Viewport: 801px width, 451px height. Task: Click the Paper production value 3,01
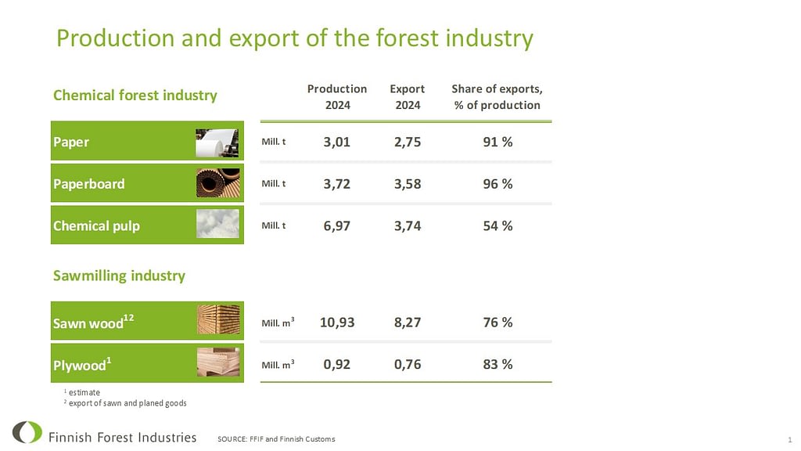coord(336,142)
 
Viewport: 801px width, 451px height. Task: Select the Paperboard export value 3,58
coord(407,183)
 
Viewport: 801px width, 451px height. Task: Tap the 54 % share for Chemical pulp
coord(497,225)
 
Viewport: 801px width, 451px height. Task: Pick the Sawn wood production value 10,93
coord(336,322)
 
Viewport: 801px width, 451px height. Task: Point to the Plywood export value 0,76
coord(407,364)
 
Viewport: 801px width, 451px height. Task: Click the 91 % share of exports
coord(497,142)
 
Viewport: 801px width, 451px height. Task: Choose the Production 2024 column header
coord(337,96)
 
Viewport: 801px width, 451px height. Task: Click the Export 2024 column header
coord(407,96)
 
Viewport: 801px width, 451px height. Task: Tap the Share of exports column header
coord(497,96)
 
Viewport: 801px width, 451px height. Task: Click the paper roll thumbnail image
coord(217,143)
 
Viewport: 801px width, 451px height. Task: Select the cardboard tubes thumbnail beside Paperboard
coord(217,183)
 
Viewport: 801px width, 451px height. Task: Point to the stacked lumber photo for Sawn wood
coord(218,319)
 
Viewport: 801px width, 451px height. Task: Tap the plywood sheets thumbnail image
coord(218,362)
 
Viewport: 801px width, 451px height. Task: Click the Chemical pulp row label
coord(96,225)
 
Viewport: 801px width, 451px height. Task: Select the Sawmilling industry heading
coord(119,276)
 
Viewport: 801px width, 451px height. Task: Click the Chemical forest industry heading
coord(135,95)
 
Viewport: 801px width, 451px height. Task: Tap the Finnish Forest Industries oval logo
coord(27,432)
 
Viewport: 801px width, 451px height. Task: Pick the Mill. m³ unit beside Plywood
coord(278,365)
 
